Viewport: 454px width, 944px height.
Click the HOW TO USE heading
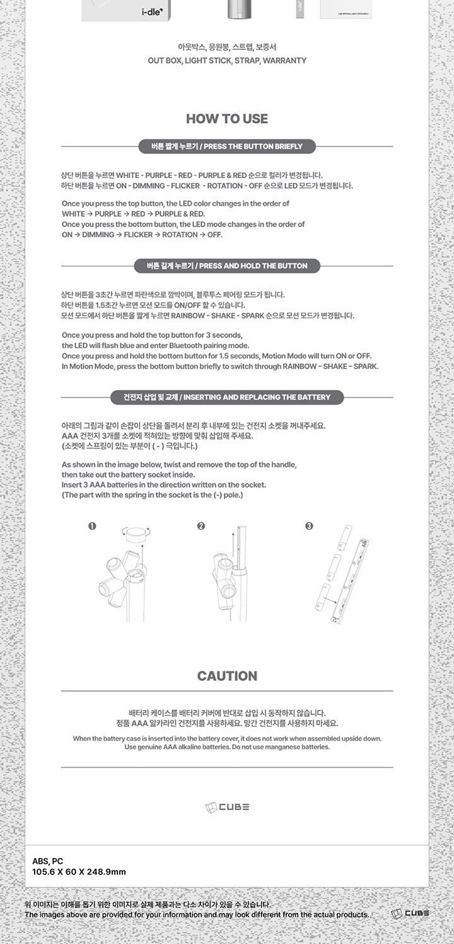[227, 119]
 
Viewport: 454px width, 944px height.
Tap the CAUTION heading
[227, 676]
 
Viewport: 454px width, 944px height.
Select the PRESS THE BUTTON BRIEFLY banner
[227, 146]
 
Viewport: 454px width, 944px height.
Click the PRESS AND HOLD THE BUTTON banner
[227, 266]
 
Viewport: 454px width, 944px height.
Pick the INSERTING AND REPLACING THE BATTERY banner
[227, 398]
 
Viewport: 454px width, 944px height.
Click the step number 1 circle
[92, 526]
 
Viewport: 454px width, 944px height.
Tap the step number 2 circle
[201, 526]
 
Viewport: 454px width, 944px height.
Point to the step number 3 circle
[309, 526]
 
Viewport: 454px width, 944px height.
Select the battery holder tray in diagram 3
[351, 581]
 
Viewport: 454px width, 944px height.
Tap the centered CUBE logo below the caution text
[227, 807]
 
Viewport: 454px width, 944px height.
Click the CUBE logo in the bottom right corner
[410, 914]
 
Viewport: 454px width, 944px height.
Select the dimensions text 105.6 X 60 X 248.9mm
[79, 872]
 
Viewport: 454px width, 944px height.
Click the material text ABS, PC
[47, 861]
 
